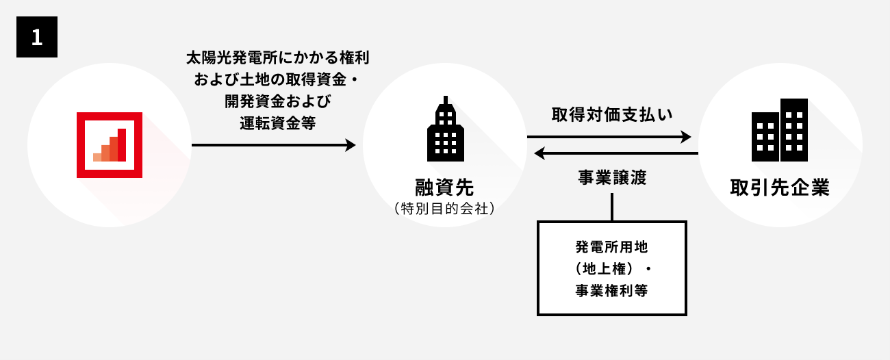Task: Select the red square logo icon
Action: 110,144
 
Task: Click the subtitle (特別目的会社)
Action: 444,208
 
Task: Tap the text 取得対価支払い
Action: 612,115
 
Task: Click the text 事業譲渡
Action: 612,177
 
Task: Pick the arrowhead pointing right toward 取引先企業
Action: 686,137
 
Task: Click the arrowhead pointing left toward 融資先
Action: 539,153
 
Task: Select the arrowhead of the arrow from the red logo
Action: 351,145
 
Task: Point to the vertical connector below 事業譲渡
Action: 612,207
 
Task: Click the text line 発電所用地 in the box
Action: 612,245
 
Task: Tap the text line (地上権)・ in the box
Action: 612,268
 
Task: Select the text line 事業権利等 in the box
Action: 612,290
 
